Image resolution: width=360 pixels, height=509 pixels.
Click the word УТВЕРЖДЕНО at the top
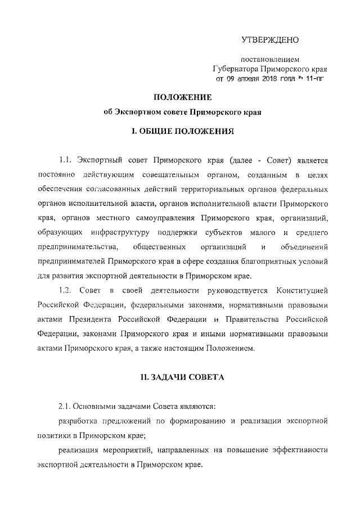point(270,40)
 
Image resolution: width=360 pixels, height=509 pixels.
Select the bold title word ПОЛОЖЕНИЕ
point(179,97)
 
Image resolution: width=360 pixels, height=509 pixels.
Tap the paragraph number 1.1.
point(66,161)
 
